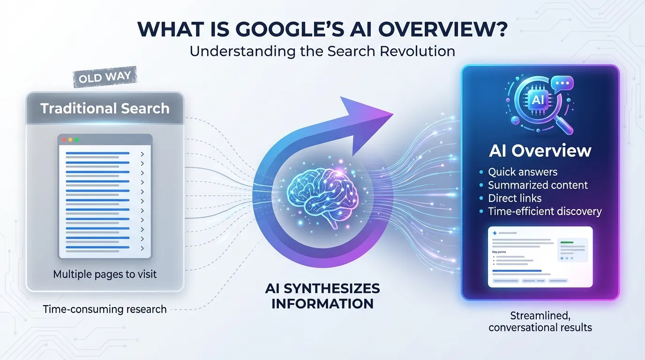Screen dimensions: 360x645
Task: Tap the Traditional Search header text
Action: (x=105, y=109)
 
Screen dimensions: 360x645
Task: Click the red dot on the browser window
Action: (x=65, y=140)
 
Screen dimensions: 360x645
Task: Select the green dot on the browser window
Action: (x=76, y=140)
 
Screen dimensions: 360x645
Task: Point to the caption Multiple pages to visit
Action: (x=105, y=274)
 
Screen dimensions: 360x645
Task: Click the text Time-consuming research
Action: (x=105, y=309)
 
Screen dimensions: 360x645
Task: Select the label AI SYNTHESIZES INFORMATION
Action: (x=322, y=296)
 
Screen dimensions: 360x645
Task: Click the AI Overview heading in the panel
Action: (x=540, y=151)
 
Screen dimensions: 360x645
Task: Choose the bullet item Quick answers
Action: (x=523, y=172)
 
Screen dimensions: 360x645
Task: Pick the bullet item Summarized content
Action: (x=538, y=185)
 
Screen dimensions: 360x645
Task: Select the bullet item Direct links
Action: (x=515, y=198)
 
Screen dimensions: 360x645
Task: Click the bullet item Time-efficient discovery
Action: (x=545, y=211)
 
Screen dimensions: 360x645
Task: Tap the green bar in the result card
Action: (x=567, y=242)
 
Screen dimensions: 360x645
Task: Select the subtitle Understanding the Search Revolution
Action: (x=322, y=51)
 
